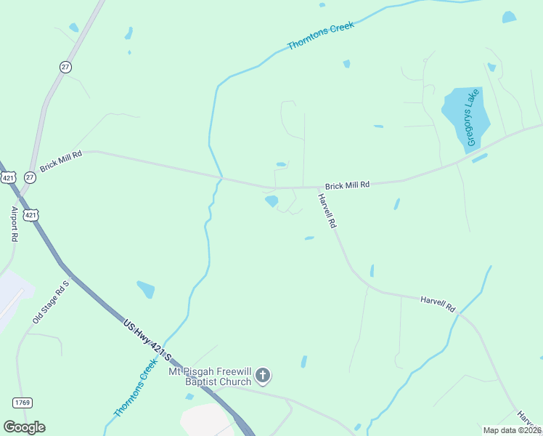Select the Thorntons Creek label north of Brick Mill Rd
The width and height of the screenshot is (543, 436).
(x=320, y=36)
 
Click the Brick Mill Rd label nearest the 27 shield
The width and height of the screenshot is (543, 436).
(x=61, y=160)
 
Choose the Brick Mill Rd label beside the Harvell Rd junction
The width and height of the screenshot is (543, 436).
(x=347, y=185)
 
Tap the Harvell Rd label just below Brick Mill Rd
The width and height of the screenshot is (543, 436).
(x=328, y=211)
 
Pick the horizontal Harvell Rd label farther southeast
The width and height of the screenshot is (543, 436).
(x=437, y=303)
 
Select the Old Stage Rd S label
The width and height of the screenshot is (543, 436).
(x=50, y=302)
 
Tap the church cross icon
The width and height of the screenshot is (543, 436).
(x=263, y=376)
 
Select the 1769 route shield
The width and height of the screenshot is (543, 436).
(x=21, y=402)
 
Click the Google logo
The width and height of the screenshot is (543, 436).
(x=24, y=427)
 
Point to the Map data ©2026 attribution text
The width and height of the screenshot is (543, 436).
(x=511, y=430)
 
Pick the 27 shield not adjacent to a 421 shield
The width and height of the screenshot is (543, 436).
(x=66, y=67)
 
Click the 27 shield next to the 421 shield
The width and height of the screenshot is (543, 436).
(x=30, y=177)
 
